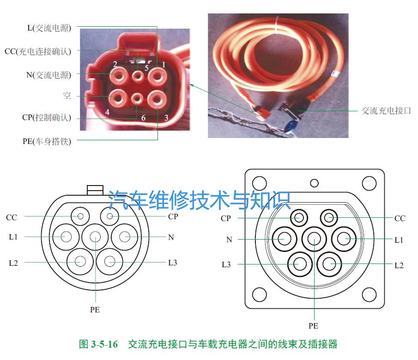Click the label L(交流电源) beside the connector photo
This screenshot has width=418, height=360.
pyautogui.click(x=49, y=28)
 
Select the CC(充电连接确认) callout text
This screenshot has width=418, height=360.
pyautogui.click(x=38, y=51)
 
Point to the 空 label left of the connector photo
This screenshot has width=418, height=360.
pyautogui.click(x=67, y=96)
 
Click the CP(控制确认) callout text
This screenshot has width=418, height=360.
pyautogui.click(x=47, y=117)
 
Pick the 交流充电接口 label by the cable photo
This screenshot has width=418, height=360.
pyautogui.click(x=386, y=111)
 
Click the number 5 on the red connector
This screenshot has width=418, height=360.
pyautogui.click(x=146, y=68)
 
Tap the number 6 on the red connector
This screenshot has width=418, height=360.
pyautogui.click(x=143, y=118)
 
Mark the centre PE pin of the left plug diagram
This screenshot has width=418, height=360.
pyautogui.click(x=95, y=236)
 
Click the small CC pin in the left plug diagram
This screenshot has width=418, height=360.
pyautogui.click(x=81, y=216)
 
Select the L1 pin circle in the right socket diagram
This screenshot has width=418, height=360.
pyautogui.click(x=343, y=239)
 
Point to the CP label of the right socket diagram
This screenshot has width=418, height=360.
pyautogui.click(x=226, y=218)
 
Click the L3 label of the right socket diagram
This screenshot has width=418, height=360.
pyautogui.click(x=226, y=265)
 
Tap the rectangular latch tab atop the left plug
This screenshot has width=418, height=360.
pyautogui.click(x=95, y=189)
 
